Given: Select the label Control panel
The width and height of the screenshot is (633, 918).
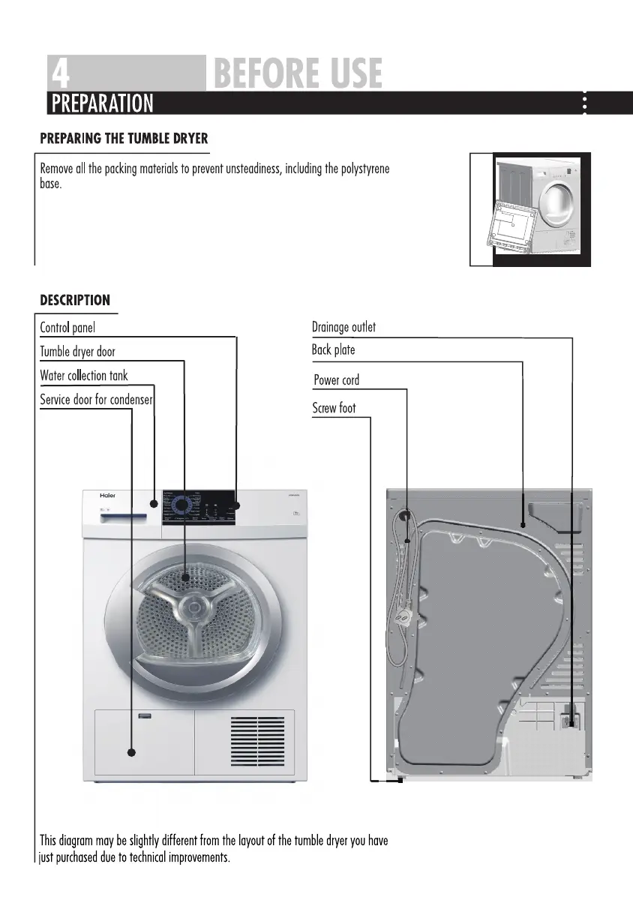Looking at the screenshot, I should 67,328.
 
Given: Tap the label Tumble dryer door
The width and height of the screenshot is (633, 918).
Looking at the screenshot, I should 77,352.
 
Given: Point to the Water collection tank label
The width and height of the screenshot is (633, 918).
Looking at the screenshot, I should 84,376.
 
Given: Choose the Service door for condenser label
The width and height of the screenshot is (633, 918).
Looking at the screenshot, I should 97,400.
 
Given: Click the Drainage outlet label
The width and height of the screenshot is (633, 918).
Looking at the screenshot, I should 343,327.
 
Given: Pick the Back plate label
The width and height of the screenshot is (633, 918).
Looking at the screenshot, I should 333,350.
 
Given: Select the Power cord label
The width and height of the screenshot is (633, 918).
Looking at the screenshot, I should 336,380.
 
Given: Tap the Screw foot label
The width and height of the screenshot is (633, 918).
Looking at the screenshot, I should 334,409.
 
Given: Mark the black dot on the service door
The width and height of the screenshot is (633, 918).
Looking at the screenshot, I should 132,752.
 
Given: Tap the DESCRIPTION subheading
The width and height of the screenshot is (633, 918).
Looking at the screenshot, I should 75,301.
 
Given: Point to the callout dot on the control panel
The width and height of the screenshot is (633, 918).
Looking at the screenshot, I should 236,505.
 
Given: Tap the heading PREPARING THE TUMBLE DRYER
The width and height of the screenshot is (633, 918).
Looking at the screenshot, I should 124,139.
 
